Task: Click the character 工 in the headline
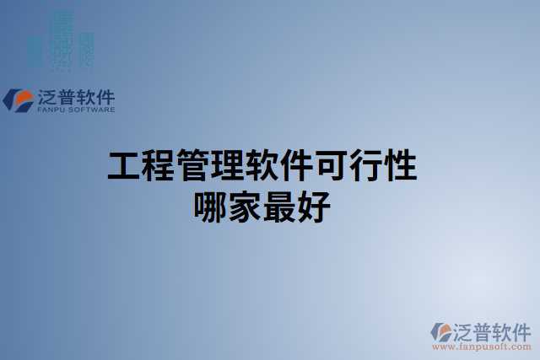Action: point(124,166)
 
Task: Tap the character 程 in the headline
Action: point(159,166)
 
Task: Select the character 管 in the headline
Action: point(193,166)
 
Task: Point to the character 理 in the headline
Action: point(228,166)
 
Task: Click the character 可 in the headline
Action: point(331,166)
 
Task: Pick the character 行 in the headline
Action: point(365,166)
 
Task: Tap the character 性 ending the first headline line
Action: point(400,166)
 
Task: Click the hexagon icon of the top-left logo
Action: point(19,100)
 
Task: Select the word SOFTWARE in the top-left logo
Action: point(94,110)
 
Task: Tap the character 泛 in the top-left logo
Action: point(47,97)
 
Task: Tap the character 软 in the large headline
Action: point(262,166)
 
